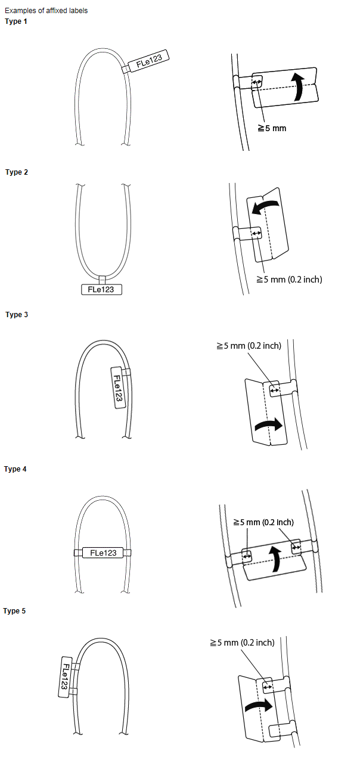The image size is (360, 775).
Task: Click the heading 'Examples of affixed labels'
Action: [46, 11]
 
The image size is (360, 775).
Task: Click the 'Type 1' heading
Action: [16, 21]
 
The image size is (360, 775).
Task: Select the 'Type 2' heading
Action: [17, 172]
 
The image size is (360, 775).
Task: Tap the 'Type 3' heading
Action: [17, 315]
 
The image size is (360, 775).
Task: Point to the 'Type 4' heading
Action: [15, 469]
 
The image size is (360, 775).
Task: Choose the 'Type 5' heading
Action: [14, 611]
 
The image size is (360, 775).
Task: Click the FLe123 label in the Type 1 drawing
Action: [148, 61]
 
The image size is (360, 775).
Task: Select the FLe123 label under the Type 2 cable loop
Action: [102, 290]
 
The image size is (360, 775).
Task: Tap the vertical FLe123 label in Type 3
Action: [117, 387]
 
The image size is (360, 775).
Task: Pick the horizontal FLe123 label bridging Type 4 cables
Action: [103, 553]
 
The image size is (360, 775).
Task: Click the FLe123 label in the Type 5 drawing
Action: [65, 677]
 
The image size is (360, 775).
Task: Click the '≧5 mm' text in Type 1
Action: [272, 128]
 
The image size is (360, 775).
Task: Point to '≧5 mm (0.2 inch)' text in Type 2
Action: [289, 280]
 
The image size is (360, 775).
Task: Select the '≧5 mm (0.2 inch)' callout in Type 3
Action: [249, 346]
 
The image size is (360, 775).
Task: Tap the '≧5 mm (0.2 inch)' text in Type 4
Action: [263, 522]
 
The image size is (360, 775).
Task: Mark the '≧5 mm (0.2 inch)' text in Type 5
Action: [242, 643]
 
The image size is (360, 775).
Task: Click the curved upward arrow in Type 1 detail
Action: [299, 86]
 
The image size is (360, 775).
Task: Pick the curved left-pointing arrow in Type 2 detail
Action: [265, 206]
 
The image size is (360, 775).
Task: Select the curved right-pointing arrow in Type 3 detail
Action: [269, 424]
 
